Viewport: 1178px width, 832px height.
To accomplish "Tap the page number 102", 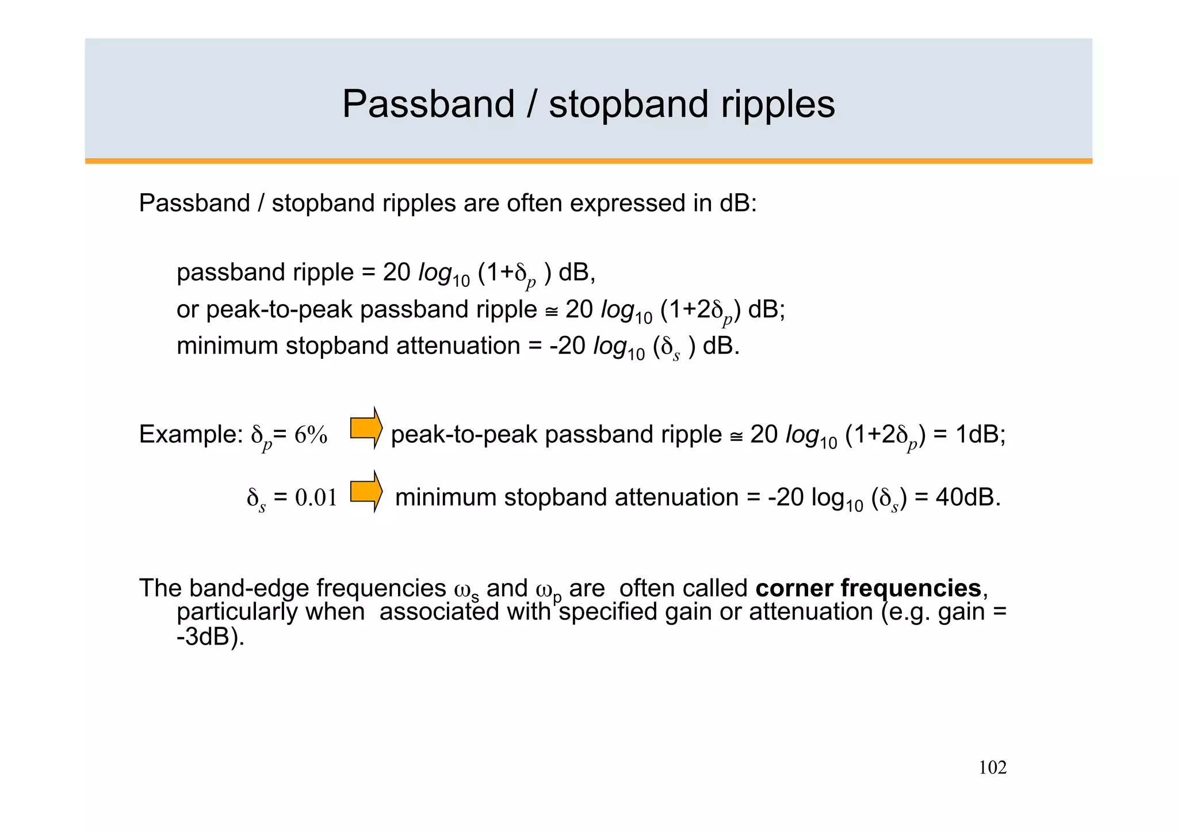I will point(992,768).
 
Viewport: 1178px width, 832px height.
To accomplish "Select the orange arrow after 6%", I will point(366,428).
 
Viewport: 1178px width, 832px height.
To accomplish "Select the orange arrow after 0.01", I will point(366,492).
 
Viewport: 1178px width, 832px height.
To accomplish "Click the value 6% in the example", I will point(311,435).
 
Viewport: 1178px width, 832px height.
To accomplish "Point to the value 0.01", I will point(316,498).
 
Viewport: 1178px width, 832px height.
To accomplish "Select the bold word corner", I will point(794,588).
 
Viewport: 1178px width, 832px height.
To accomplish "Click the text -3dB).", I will point(211,637).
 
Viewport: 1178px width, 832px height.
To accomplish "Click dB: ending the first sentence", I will point(739,204).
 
